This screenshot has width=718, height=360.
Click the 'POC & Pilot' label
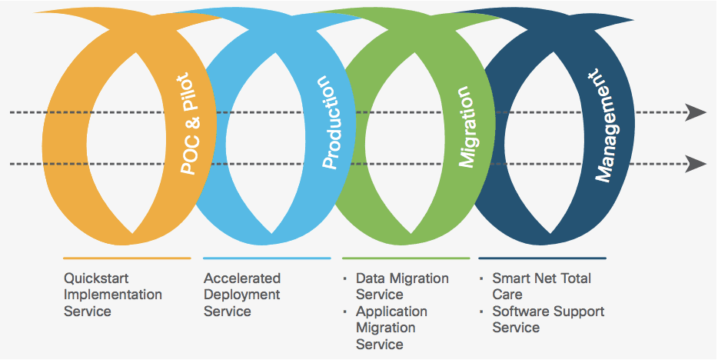point(191,124)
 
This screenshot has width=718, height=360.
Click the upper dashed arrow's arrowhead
point(696,112)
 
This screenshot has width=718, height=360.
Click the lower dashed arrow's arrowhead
point(696,164)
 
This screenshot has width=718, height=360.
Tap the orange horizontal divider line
point(127,258)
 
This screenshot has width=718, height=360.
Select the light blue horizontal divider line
point(267,258)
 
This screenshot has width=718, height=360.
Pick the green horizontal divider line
point(406,258)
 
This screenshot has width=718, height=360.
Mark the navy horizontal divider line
point(542,258)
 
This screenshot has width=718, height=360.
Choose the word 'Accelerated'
point(242,278)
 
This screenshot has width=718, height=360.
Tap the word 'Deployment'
point(241,295)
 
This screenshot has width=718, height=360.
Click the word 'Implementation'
point(113,295)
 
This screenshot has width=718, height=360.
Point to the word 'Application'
point(391,312)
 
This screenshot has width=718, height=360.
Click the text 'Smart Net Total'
point(542,278)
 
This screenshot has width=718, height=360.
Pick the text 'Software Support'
point(548,312)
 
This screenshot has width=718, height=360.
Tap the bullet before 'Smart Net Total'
point(481,278)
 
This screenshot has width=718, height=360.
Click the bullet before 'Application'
point(345,312)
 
